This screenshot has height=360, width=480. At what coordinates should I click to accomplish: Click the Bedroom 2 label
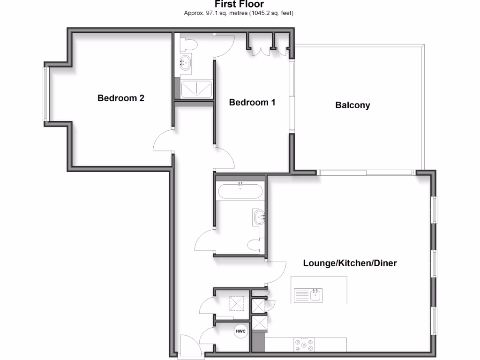[120, 98]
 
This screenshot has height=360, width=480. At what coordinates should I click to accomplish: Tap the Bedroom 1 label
[252, 102]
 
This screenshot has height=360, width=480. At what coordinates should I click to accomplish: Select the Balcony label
[352, 105]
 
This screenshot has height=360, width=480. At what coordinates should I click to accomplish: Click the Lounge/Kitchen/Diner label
[350, 263]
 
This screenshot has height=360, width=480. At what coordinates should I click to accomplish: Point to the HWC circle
[240, 331]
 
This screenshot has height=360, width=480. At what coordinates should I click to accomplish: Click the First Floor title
[239, 4]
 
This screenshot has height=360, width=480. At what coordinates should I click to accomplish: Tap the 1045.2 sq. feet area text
[274, 13]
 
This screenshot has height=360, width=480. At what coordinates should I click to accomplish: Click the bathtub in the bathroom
[240, 191]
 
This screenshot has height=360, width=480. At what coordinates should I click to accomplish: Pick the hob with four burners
[304, 345]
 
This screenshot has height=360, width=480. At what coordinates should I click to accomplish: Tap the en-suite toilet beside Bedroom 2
[189, 44]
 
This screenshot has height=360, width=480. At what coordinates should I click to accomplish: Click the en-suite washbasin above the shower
[185, 62]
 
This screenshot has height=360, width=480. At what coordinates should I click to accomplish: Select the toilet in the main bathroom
[255, 245]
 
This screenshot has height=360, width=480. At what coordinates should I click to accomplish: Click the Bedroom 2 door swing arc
[163, 141]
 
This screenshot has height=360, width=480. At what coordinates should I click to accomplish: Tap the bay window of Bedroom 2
[46, 94]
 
